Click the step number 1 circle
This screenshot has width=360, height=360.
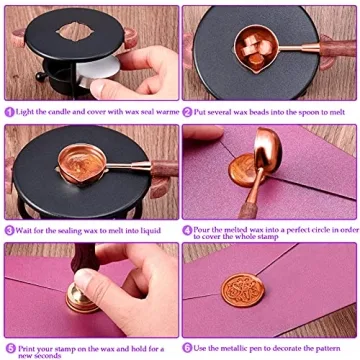9,112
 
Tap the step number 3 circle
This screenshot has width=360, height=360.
9,229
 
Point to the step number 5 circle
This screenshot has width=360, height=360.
9,346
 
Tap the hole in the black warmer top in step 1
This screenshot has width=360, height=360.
75,27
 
